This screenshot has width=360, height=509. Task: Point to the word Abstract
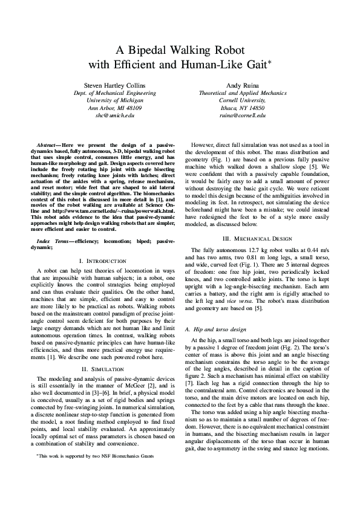48,146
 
